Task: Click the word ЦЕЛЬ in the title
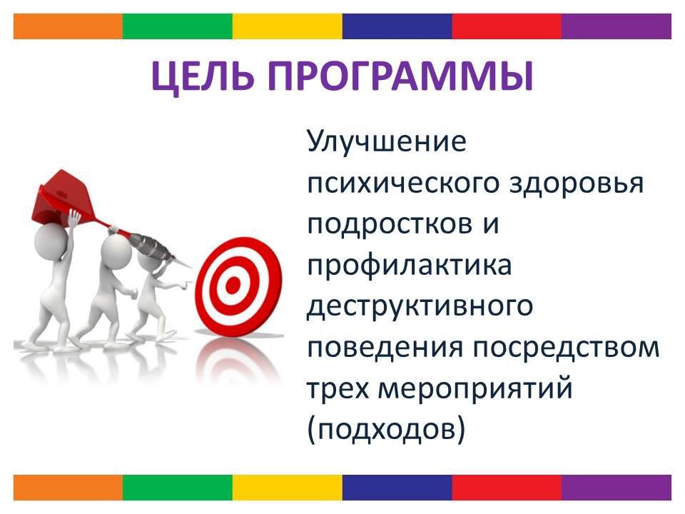203,77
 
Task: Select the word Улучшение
387,143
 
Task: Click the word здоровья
577,183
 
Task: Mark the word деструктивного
420,306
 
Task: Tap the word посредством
566,348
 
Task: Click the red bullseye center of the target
233,285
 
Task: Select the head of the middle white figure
116,251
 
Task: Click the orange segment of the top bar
68,26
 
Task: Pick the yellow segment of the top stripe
288,26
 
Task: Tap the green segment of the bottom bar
178,488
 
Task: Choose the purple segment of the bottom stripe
616,488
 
